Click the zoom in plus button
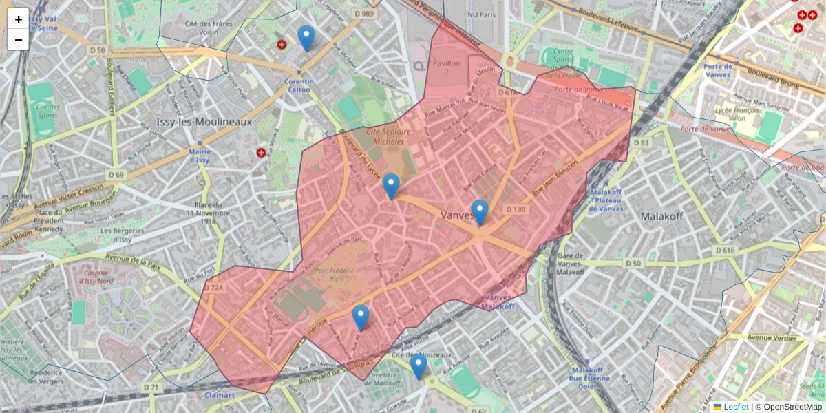coord(19,19)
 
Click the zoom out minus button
coord(19,39)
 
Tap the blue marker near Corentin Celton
coord(306,39)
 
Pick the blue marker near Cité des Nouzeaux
coord(418,366)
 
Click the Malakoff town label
coord(661,215)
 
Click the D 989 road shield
coord(363,14)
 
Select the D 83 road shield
coord(641,142)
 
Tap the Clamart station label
coord(220,395)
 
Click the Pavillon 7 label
coord(445,67)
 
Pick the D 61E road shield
coord(725,250)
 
